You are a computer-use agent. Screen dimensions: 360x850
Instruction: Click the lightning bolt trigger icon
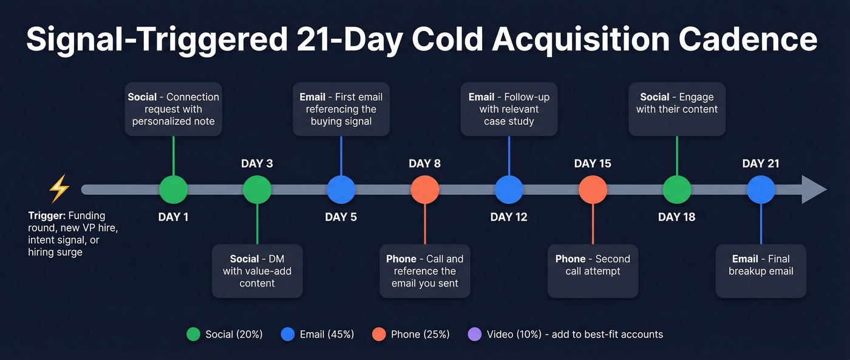tap(59, 189)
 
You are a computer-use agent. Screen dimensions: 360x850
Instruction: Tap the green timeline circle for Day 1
tap(174, 190)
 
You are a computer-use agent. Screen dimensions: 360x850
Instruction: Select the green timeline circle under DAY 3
tap(257, 190)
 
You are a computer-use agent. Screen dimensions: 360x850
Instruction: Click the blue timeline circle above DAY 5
tap(341, 190)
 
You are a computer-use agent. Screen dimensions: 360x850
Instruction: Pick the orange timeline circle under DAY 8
tap(425, 190)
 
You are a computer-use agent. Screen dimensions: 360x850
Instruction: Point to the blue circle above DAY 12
tap(509, 190)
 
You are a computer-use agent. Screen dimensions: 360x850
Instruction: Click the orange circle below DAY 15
tap(593, 190)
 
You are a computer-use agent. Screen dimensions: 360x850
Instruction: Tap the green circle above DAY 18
tap(677, 190)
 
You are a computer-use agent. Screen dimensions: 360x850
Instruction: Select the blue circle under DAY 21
tap(761, 190)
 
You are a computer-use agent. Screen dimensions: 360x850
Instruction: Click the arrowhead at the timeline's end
tap(814, 190)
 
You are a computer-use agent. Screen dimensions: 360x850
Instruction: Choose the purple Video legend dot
tap(475, 335)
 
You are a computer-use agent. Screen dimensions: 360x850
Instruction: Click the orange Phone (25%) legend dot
tap(379, 335)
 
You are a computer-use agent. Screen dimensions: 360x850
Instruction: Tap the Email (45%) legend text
tap(327, 335)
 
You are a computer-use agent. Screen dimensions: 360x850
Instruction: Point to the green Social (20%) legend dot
tap(194, 335)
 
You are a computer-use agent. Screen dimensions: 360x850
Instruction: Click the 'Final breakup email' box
tap(761, 271)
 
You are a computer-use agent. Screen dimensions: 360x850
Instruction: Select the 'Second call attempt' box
tap(593, 271)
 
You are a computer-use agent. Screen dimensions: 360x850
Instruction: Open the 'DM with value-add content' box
tap(257, 271)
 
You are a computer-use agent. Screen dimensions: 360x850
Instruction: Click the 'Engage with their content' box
tap(677, 109)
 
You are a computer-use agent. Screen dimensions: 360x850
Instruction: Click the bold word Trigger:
tap(47, 216)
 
